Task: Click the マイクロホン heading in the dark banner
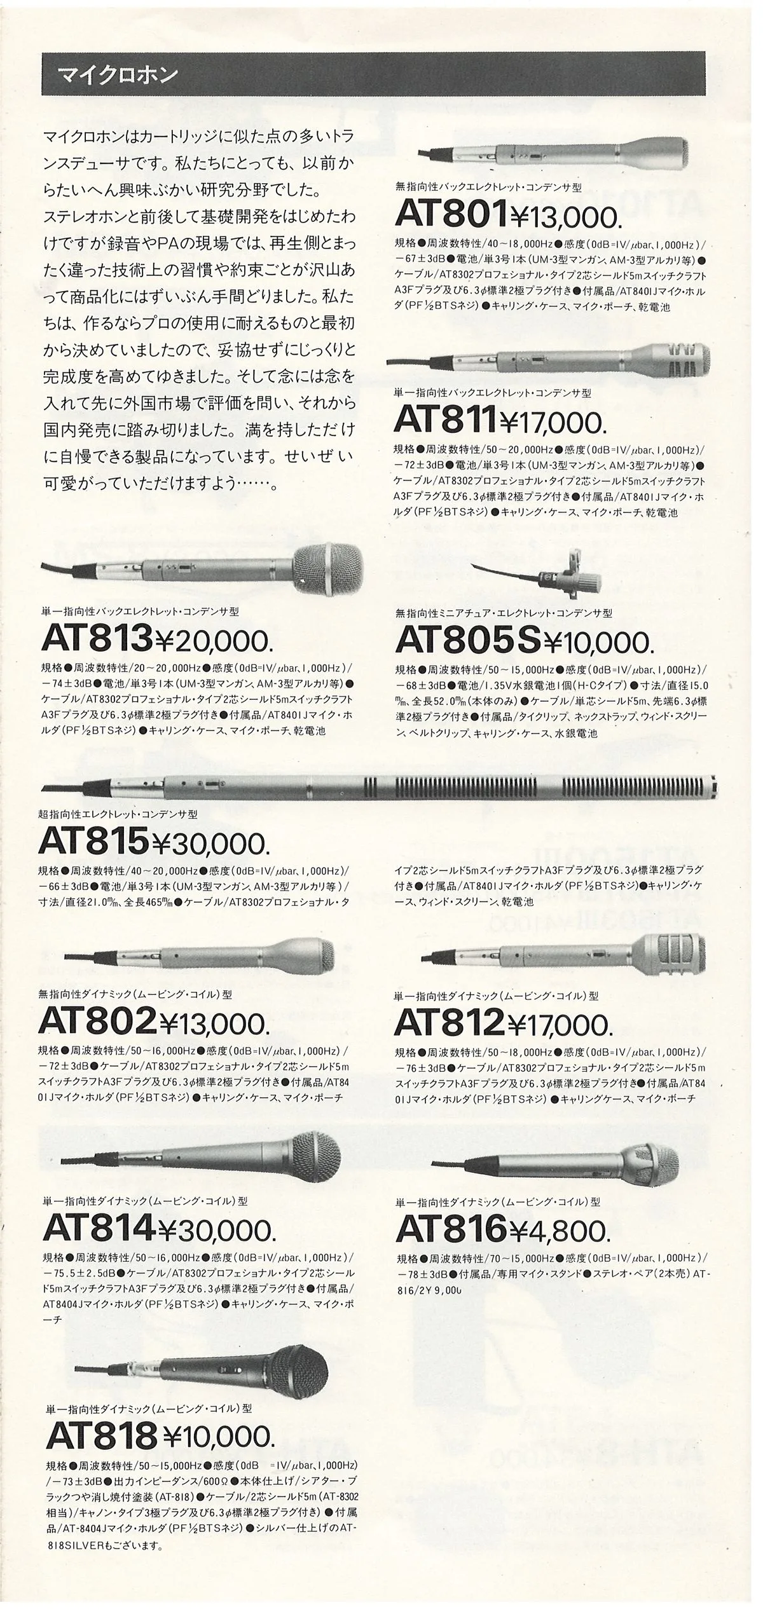click(x=118, y=74)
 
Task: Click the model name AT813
click(x=97, y=638)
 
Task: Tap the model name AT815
click(x=94, y=841)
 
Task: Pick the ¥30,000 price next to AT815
click(x=210, y=844)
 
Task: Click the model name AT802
click(x=97, y=1021)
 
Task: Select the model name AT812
click(x=450, y=1022)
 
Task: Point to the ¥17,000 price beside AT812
click(x=560, y=1023)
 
